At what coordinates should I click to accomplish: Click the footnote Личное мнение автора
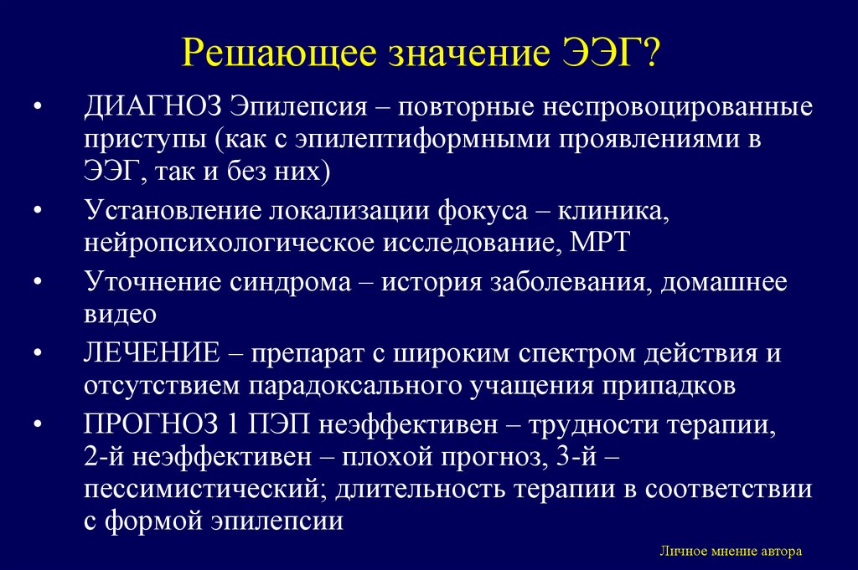pos(730,552)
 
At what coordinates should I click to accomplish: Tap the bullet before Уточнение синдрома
pos(39,283)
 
